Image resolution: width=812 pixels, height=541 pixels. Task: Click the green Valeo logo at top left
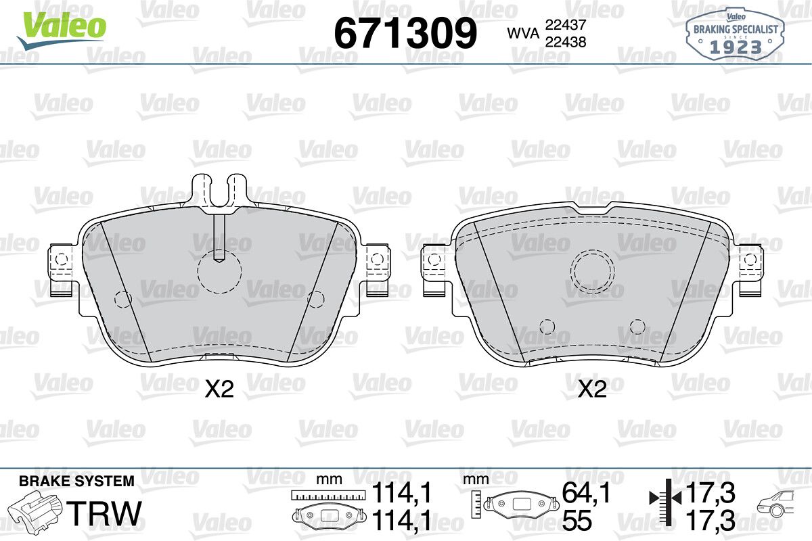(62, 30)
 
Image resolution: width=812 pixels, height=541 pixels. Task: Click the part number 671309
(405, 33)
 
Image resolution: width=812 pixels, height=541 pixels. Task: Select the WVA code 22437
(566, 25)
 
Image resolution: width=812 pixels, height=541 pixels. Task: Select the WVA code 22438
(566, 42)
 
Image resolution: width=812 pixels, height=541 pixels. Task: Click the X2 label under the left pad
(219, 390)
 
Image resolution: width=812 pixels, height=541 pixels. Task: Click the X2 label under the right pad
(592, 390)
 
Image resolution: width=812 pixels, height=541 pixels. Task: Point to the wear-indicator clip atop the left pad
(219, 192)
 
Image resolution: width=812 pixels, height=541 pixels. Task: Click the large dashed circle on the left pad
(220, 271)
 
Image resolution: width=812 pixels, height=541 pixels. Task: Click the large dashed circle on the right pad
(592, 271)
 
